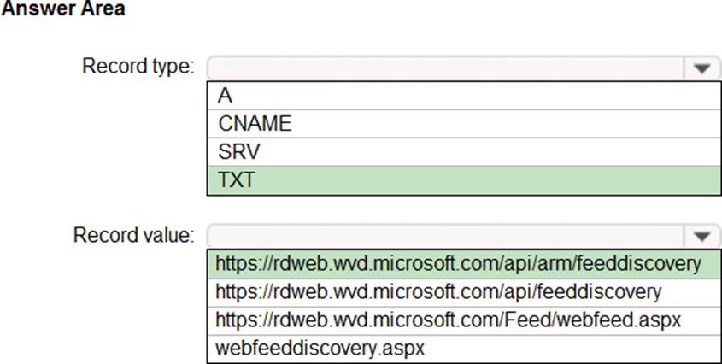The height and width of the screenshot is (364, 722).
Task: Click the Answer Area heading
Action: [x=63, y=8]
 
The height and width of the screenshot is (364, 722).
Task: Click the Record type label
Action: [x=138, y=67]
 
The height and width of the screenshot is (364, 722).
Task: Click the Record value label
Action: [x=133, y=235]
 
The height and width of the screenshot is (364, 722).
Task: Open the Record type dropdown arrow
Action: [x=702, y=68]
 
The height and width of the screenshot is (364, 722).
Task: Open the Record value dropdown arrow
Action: [x=702, y=237]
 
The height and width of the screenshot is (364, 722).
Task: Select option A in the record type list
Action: [x=226, y=96]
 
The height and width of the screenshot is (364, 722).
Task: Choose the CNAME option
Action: [x=255, y=124]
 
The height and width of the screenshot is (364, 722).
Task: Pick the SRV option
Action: [x=239, y=151]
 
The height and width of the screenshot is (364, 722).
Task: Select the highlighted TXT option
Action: [x=236, y=179]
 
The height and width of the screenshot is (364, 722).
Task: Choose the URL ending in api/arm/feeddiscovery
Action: [x=459, y=264]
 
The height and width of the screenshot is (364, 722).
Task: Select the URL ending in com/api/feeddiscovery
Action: [x=438, y=291]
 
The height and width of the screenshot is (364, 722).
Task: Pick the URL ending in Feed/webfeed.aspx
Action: [x=448, y=320]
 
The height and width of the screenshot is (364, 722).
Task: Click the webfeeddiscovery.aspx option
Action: [x=320, y=348]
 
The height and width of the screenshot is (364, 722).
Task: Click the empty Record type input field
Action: [x=446, y=68]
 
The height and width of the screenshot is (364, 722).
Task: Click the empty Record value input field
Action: [x=446, y=237]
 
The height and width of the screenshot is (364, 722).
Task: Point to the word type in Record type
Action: [x=170, y=68]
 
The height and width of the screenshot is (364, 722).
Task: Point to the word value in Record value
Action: [x=165, y=235]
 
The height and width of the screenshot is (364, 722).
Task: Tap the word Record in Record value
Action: [x=103, y=235]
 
